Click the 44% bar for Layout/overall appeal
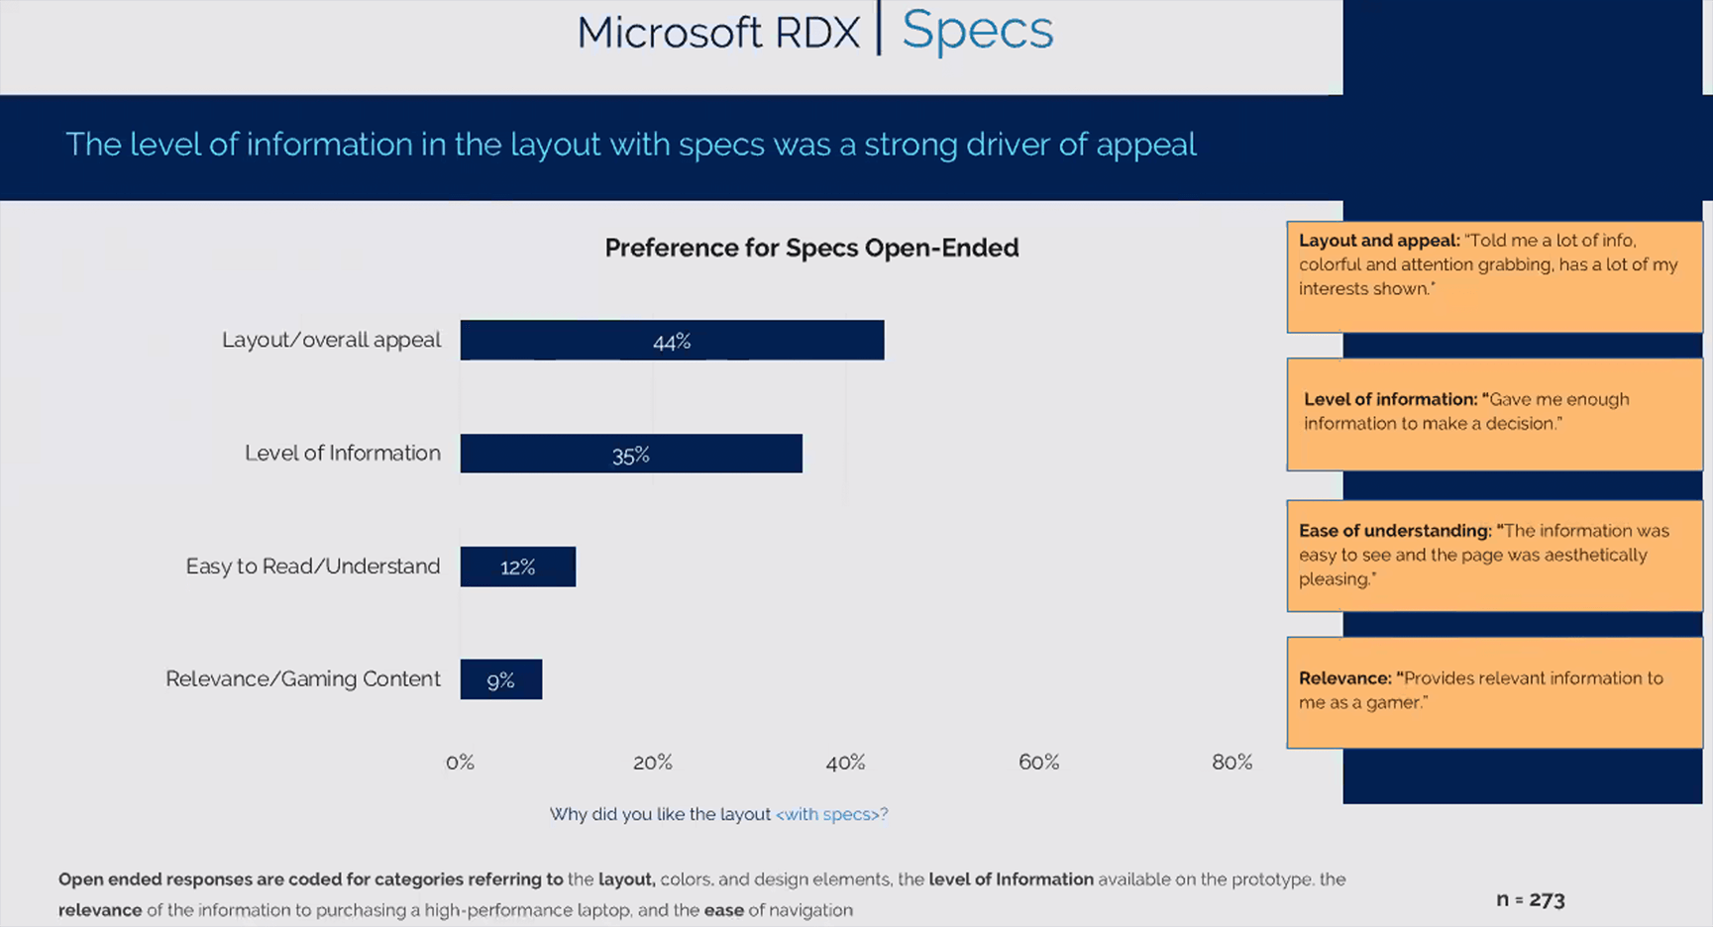pyautogui.click(x=672, y=340)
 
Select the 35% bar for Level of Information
pyautogui.click(x=631, y=454)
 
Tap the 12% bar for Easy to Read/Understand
pyautogui.click(x=517, y=566)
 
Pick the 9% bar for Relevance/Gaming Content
pyautogui.click(x=500, y=679)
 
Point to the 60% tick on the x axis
pyautogui.click(x=1038, y=762)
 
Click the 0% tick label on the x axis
pyautogui.click(x=460, y=762)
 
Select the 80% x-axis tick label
pyautogui.click(x=1231, y=762)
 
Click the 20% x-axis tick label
pyautogui.click(x=652, y=762)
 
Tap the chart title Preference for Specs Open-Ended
pyautogui.click(x=811, y=248)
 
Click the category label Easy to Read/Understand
pyautogui.click(x=313, y=566)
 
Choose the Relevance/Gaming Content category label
pyautogui.click(x=303, y=679)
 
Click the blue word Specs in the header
pyautogui.click(x=977, y=31)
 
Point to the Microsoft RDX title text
pyautogui.click(x=718, y=33)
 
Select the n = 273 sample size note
pyautogui.click(x=1530, y=899)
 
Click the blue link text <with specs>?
pyautogui.click(x=831, y=814)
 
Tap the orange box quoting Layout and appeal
pyautogui.click(x=1494, y=276)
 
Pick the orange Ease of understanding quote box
pyautogui.click(x=1494, y=556)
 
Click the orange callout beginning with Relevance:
pyautogui.click(x=1494, y=692)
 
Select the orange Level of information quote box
pyautogui.click(x=1494, y=414)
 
